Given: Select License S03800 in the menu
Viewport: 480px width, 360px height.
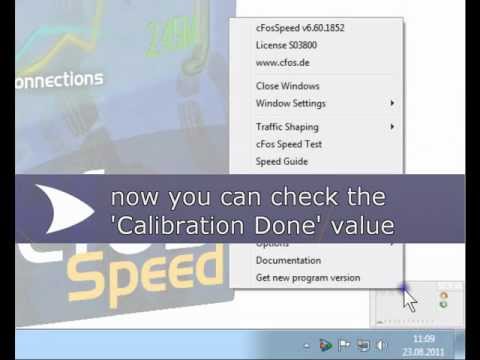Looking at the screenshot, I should pyautogui.click(x=285, y=46).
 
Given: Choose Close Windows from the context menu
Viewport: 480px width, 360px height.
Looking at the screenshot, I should pyautogui.click(x=287, y=87).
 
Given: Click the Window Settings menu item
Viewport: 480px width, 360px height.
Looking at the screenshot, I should pyautogui.click(x=290, y=103).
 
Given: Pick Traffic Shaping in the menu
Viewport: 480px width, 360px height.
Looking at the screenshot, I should pyautogui.click(x=287, y=127).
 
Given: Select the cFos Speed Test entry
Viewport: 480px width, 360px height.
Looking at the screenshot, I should pyautogui.click(x=289, y=144).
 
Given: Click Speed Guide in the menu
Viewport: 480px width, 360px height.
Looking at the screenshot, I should pyautogui.click(x=281, y=161).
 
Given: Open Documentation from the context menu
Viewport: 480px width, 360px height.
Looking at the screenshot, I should pyautogui.click(x=288, y=261).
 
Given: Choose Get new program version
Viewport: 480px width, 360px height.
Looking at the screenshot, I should pyautogui.click(x=307, y=277).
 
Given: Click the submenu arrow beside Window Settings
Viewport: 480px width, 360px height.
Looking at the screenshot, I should pyautogui.click(x=392, y=103).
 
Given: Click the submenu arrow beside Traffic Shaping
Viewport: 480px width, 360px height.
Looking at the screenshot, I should pyautogui.click(x=392, y=127).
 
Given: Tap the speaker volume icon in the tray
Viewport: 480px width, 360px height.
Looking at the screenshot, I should pyautogui.click(x=379, y=346).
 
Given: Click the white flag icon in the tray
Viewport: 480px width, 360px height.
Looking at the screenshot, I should pyautogui.click(x=342, y=346).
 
